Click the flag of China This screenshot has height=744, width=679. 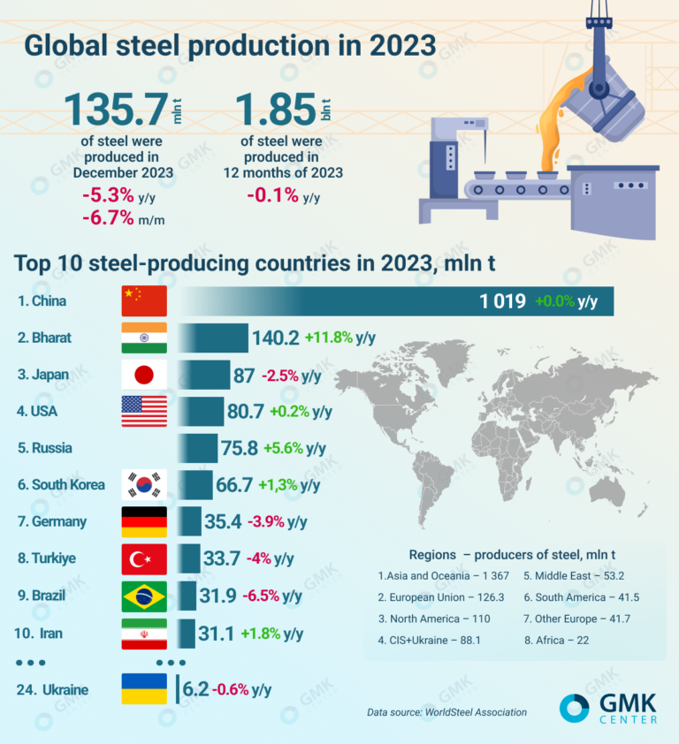143,301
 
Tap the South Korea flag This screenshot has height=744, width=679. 143,484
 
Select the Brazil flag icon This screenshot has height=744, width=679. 143,596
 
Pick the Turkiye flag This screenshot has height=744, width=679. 143,559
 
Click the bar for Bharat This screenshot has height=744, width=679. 213,338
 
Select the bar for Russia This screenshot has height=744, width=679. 198,448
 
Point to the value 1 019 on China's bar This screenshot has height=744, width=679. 502,301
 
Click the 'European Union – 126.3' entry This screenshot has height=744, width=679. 429,597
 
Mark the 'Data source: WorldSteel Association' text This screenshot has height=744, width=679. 446,712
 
